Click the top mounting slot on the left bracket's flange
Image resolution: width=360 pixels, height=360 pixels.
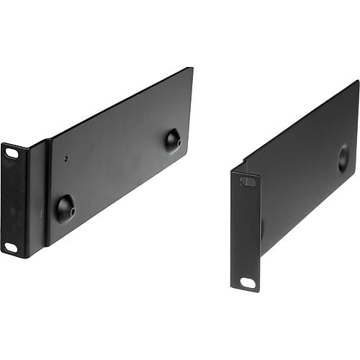[12, 153]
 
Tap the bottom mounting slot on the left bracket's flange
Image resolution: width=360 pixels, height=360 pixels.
[11, 247]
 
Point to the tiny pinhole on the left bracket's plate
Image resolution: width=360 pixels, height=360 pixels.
[66, 159]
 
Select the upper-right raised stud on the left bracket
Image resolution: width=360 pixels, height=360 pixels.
[173, 140]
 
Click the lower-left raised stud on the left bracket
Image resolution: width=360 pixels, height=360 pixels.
[65, 208]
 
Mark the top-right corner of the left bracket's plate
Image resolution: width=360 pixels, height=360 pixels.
[192, 68]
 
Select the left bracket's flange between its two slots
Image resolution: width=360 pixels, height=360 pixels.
[13, 200]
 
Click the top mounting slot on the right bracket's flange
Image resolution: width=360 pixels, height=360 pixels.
[248, 181]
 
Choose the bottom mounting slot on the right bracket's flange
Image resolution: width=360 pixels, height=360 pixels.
[248, 283]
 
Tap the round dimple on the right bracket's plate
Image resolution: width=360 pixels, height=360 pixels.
[343, 158]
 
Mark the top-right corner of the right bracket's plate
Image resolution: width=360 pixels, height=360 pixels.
[358, 81]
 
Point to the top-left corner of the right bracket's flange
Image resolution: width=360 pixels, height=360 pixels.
[232, 171]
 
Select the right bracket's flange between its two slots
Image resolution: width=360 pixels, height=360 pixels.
[246, 232]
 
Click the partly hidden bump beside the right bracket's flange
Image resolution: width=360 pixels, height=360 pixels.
[262, 229]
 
